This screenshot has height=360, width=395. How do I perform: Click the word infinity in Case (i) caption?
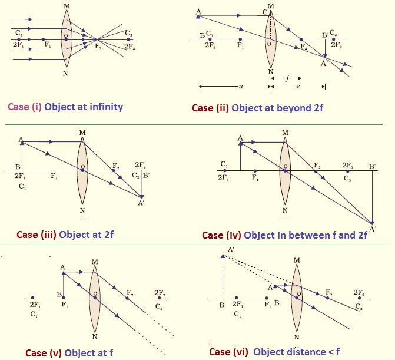pyautogui.click(x=107, y=107)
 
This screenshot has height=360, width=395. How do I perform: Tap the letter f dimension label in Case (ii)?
pyautogui.click(x=287, y=79)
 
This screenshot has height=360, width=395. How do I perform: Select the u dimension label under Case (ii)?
pyautogui.click(x=241, y=87)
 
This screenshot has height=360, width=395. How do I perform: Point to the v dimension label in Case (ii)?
pyautogui.click(x=298, y=87)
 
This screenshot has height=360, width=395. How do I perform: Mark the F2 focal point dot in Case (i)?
pyautogui.click(x=97, y=39)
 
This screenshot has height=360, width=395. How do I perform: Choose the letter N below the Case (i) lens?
pyautogui.click(x=65, y=74)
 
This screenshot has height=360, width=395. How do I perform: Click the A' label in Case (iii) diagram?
pyautogui.click(x=141, y=203)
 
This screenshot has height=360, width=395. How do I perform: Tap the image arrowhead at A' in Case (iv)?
pyautogui.click(x=372, y=223)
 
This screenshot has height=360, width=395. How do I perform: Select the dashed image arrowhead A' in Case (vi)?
pyautogui.click(x=223, y=256)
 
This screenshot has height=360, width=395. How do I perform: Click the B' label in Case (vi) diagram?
pyautogui.click(x=222, y=305)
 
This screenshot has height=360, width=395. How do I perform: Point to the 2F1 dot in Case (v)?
pyautogui.click(x=33, y=298)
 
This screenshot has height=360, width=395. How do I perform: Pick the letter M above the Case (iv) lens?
pyautogui.click(x=285, y=133)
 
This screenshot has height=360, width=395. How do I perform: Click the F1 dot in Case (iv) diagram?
pyautogui.click(x=255, y=171)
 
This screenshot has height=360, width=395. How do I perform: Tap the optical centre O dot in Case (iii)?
pyautogui.click(x=82, y=170)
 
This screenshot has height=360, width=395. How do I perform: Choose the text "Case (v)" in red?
pyautogui.click(x=44, y=353)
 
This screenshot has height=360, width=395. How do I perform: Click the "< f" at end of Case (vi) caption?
pyautogui.click(x=334, y=351)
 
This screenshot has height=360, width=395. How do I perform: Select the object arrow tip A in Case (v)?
pyautogui.click(x=63, y=273)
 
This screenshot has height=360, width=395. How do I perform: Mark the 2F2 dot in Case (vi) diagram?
pyautogui.click(x=360, y=298)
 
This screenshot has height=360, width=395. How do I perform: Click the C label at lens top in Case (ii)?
pyautogui.click(x=265, y=12)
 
